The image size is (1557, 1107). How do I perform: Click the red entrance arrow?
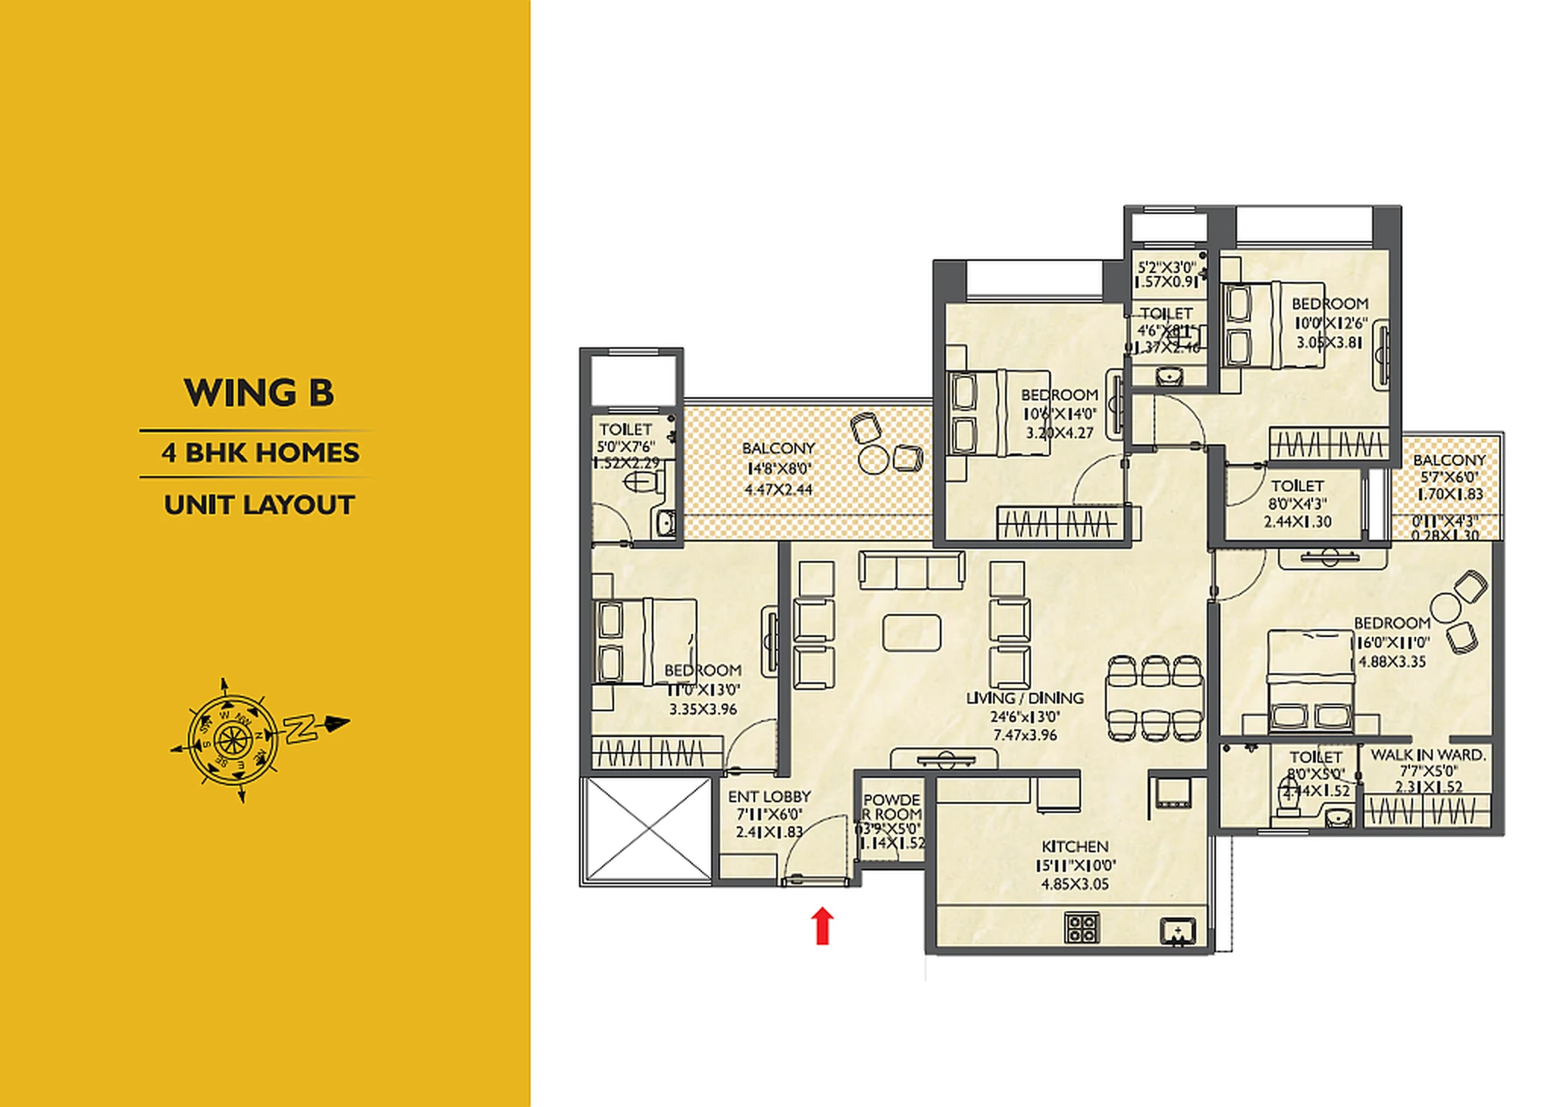click(822, 926)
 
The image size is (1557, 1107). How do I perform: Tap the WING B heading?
click(258, 393)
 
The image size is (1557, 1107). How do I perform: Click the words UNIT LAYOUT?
click(259, 505)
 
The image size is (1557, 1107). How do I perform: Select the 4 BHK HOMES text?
click(260, 453)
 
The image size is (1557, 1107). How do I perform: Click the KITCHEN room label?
click(1075, 846)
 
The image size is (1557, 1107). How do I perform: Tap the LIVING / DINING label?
click(1025, 698)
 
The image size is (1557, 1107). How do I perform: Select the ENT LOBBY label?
click(769, 797)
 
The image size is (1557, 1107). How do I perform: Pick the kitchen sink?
click(1178, 931)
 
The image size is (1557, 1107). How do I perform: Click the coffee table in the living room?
click(912, 632)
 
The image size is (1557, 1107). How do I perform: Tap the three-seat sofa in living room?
click(912, 569)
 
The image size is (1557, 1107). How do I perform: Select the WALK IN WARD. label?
click(1428, 755)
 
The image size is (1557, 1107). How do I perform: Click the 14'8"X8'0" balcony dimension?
click(778, 469)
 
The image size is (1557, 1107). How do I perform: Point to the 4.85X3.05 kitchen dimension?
click(1075, 884)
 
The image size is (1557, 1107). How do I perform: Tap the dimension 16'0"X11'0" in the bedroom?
click(1393, 642)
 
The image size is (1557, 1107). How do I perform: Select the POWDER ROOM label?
click(892, 807)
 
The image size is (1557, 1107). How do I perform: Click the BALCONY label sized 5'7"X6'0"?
click(1449, 460)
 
